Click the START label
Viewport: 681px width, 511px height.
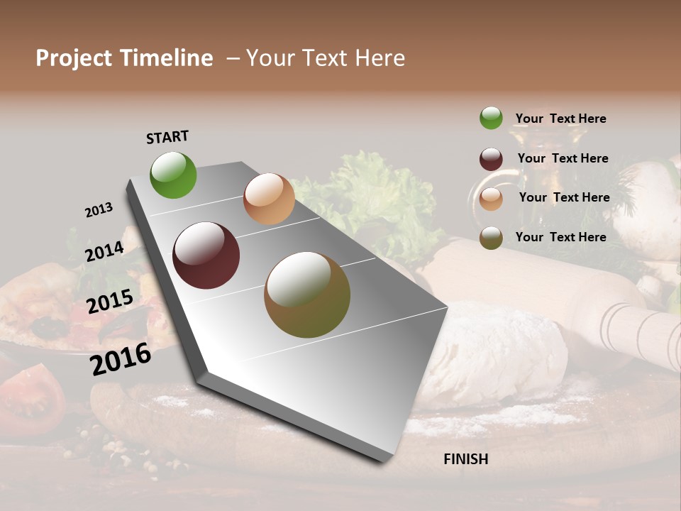coord(167,136)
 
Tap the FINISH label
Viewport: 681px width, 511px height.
coord(465,459)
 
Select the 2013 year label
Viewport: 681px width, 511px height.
coord(99,210)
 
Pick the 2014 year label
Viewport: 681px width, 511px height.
coord(104,252)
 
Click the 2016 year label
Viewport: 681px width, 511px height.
coord(121,358)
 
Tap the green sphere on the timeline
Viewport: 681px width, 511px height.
coord(173,175)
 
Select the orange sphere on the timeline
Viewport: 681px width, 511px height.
coord(269,199)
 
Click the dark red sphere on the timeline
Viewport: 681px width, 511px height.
coord(206,255)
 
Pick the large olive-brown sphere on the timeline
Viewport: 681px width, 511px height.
coord(307,295)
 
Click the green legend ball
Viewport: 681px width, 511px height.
coord(491,118)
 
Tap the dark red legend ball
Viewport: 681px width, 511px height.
coord(491,159)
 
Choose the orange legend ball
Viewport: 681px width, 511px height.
coord(491,199)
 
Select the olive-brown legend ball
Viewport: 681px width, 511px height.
coord(491,238)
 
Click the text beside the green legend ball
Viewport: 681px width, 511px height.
coord(560,119)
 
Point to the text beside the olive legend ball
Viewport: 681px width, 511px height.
coord(560,237)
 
